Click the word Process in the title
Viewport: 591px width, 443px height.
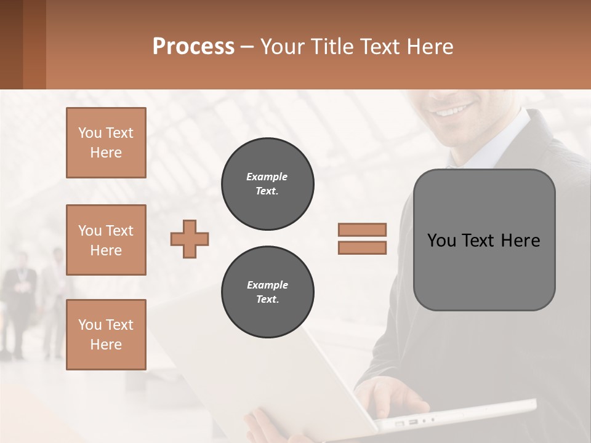[193, 46]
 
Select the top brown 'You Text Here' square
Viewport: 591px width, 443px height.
[106, 143]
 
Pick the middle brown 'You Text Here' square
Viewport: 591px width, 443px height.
[106, 240]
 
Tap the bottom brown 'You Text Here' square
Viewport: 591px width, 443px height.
[106, 335]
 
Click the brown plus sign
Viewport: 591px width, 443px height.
[190, 238]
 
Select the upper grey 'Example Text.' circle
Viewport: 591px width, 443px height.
[268, 183]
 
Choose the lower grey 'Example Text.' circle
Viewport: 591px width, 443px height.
[268, 292]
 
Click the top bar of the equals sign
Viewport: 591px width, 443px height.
[362, 229]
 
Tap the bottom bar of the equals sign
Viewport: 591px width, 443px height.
[362, 247]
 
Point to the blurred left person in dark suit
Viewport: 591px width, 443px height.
[18, 301]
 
